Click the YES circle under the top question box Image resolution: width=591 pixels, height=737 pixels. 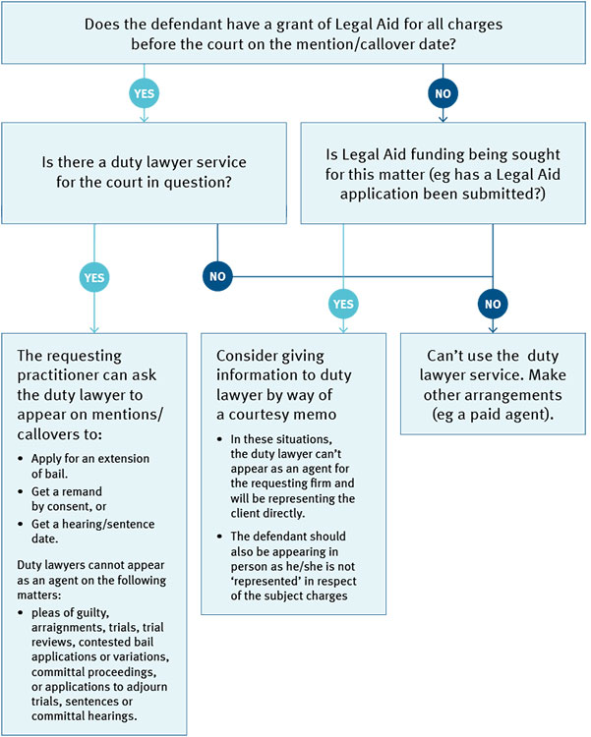coord(144,93)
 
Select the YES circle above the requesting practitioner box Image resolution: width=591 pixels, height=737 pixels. coord(94,277)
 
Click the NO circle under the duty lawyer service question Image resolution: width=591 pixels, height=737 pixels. coord(218,277)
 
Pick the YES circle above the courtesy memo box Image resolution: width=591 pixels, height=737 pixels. coord(343,304)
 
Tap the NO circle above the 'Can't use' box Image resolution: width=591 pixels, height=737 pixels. coord(492,304)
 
